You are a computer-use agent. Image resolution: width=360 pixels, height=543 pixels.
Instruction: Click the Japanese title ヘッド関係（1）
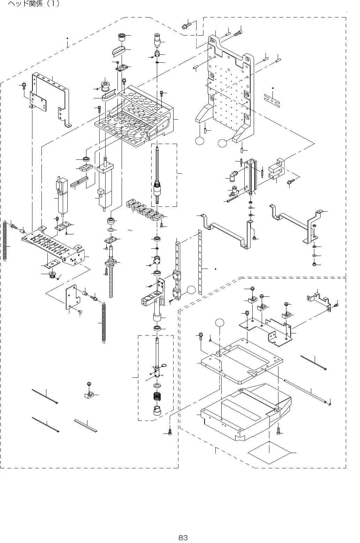34,4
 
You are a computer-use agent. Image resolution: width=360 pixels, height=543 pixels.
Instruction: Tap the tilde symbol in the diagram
130,231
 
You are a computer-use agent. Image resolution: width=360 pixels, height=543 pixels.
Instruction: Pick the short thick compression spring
159,397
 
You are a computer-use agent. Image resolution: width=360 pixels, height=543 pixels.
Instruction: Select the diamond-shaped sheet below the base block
269,453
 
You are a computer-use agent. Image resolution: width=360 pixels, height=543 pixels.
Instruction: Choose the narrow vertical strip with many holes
200,262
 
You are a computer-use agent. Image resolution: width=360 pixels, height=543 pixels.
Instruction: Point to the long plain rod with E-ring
307,392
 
